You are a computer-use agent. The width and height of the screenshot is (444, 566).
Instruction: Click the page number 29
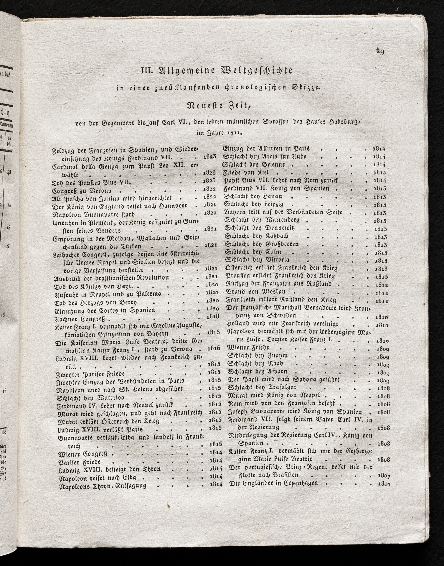pos(380,52)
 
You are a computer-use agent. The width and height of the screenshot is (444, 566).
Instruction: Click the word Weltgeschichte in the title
pos(257,71)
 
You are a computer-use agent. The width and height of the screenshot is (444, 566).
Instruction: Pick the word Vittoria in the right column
pos(276,260)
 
